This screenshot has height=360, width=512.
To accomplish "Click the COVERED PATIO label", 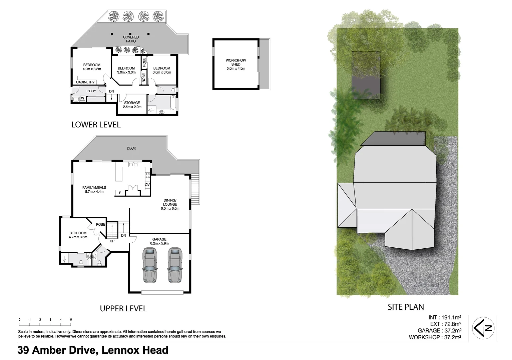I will tap(131, 39).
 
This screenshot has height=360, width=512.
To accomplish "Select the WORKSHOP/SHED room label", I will tap(235, 64).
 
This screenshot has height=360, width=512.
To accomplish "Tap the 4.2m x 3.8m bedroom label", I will tap(92, 67).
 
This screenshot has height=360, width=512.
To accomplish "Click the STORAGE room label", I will tap(132, 105).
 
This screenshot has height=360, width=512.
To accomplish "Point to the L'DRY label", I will tap(91, 91).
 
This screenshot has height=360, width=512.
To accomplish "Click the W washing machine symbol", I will tap(82, 98).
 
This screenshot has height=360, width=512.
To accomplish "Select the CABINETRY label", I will tap(85, 82).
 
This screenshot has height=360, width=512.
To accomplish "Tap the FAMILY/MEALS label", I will tap(94, 189).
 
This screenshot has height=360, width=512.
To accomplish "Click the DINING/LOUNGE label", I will tap(170, 204).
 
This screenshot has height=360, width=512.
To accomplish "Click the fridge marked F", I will tap(120, 193).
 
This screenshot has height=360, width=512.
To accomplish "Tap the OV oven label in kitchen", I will tap(147, 184).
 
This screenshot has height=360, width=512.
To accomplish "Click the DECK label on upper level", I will tap(131, 148).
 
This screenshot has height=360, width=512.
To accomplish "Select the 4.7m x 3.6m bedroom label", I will tap(78, 235).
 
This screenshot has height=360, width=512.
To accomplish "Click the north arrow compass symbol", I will tap(483, 328).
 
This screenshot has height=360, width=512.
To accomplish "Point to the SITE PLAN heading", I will tap(406, 307).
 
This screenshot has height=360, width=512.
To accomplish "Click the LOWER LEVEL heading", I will tap(96, 125).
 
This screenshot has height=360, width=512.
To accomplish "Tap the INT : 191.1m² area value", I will tap(445, 318).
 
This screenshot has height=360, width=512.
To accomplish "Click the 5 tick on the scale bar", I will tap(71, 320).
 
